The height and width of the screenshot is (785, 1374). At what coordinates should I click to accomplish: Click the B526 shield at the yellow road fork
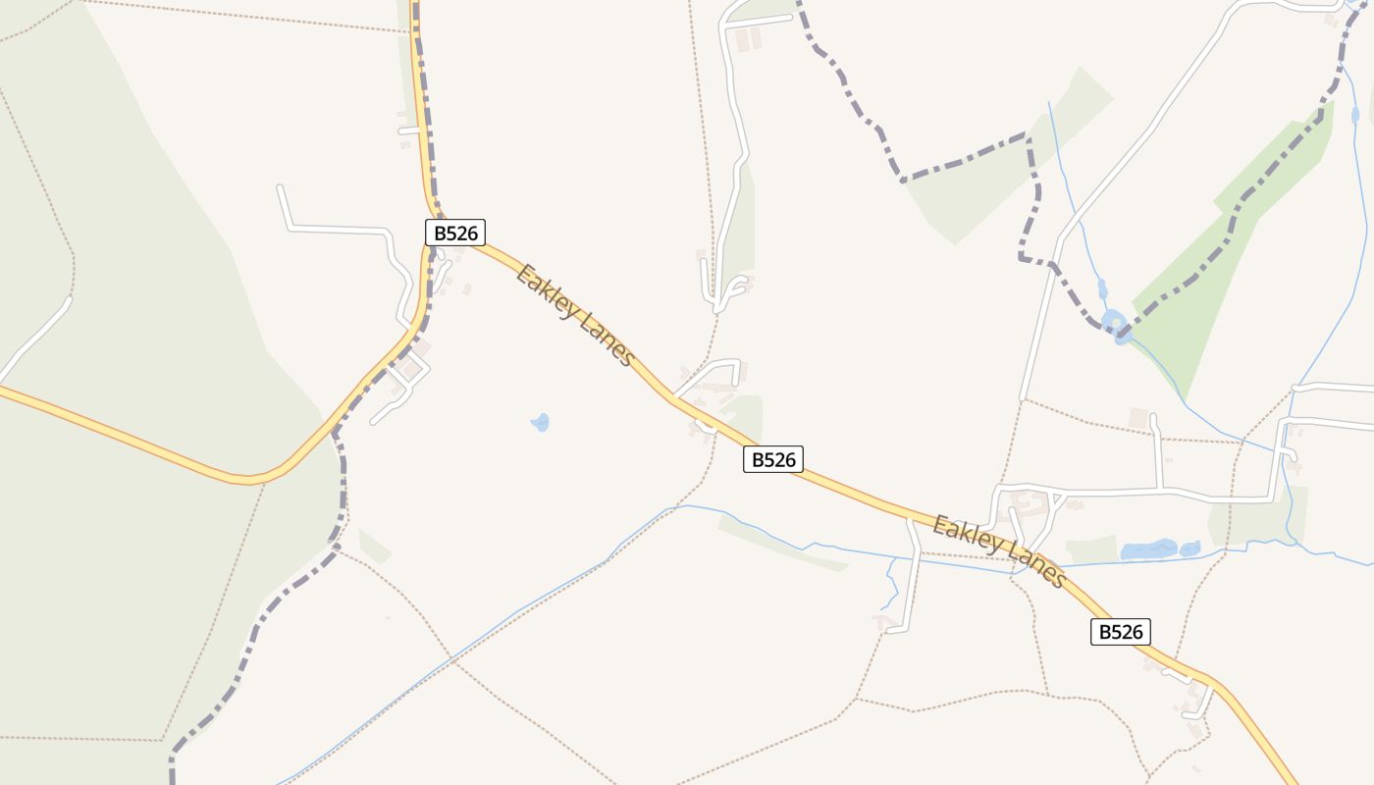(455, 233)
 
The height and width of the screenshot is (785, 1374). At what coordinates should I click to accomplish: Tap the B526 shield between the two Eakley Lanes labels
(773, 459)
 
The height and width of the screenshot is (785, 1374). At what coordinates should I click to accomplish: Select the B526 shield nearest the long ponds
(1120, 632)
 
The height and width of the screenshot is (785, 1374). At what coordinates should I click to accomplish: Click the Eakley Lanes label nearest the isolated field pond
(576, 315)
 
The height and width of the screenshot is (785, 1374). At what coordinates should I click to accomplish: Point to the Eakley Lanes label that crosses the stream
(999, 551)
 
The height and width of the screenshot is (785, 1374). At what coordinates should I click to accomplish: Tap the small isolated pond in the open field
(540, 422)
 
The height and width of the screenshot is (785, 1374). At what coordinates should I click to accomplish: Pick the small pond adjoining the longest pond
(1189, 548)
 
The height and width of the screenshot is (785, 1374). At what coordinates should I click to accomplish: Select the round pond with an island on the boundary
(1116, 323)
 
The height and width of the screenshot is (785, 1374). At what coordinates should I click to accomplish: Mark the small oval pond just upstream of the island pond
(1103, 290)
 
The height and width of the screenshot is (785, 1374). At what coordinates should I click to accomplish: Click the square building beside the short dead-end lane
(1138, 419)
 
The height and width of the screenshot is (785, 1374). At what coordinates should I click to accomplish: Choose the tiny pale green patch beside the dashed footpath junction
(374, 546)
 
